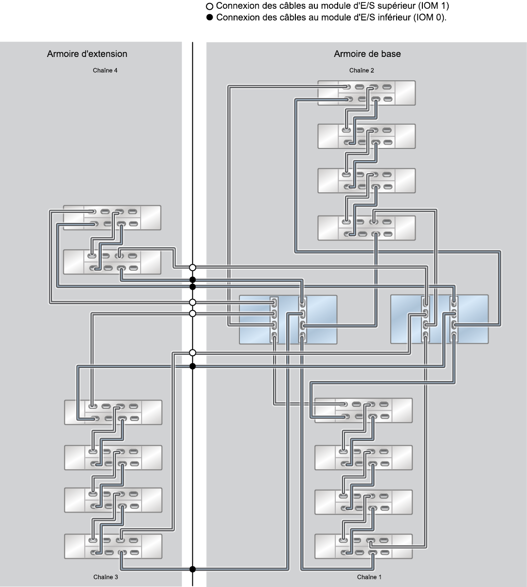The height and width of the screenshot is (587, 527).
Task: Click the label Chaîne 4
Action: (105, 71)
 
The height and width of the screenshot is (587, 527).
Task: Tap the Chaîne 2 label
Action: (362, 71)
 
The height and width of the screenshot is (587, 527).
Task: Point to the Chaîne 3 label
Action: (106, 577)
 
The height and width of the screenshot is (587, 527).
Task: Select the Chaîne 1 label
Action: (369, 577)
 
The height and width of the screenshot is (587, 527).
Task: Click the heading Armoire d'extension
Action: (87, 54)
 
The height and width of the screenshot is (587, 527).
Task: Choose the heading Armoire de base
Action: (367, 54)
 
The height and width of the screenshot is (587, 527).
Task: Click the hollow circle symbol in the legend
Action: (210, 7)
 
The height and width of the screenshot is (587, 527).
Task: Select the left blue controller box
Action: (288, 320)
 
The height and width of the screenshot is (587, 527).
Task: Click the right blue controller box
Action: (439, 320)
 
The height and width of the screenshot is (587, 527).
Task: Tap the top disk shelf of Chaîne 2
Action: (366, 93)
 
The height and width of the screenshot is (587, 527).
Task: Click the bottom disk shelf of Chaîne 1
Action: (363, 546)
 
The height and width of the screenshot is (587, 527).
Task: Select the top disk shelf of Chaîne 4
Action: (112, 218)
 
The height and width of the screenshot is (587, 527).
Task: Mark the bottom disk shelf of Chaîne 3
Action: (113, 546)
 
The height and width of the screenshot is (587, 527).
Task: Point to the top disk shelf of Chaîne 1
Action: (363, 410)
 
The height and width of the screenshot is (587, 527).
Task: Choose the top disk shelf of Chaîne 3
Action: (113, 412)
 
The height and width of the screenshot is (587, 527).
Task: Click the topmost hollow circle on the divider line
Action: (193, 267)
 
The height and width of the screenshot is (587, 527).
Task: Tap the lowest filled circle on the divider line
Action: (193, 569)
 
